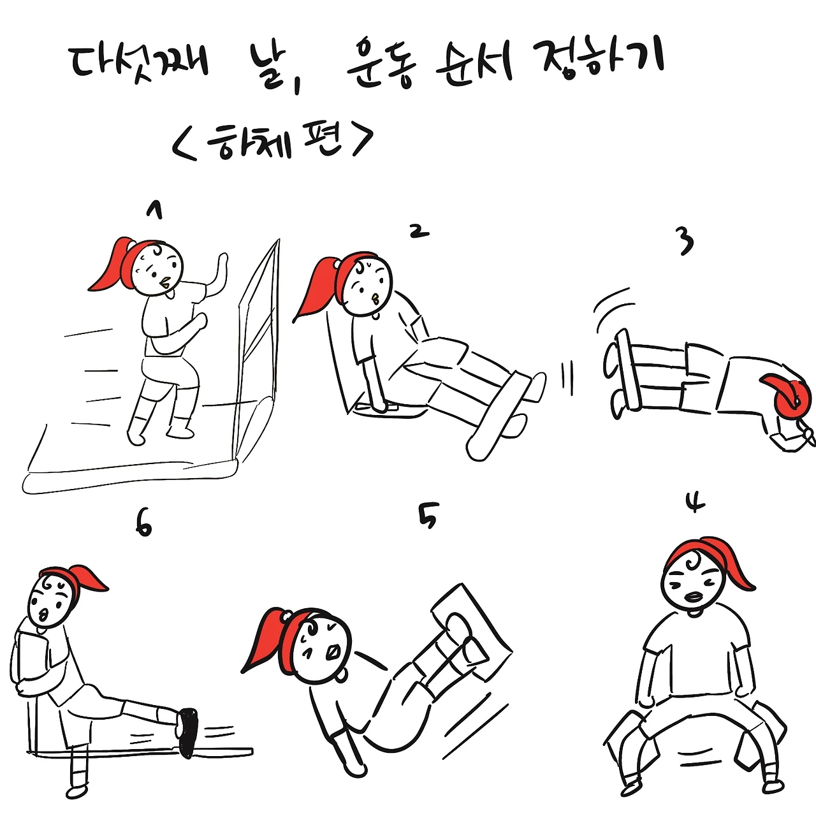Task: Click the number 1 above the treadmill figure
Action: point(154,210)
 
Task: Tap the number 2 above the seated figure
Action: point(419,231)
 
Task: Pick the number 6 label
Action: point(143,526)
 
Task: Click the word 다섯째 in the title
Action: point(138,64)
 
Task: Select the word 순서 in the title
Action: point(474,64)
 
